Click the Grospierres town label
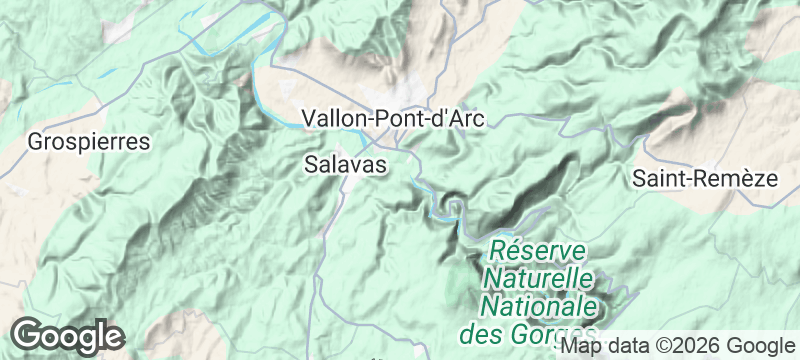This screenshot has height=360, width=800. tap(90, 141)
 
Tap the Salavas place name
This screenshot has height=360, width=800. tap(344, 166)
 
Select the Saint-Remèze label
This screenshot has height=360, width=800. tap(705, 179)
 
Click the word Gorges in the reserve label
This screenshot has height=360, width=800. tap(556, 331)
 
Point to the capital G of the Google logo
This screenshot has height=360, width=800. tap(28, 335)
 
